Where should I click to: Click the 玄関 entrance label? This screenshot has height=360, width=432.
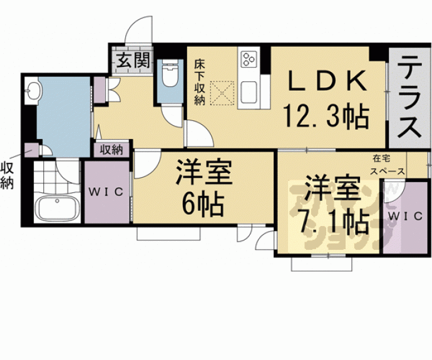coord(133,62)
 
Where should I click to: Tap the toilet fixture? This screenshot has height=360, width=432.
coord(169,76)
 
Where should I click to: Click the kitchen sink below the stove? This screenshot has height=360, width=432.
coord(249,91)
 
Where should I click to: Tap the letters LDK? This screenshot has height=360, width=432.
coord(326,81)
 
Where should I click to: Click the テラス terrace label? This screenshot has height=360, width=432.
coord(409,99)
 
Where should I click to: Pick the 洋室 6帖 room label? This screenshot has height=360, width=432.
coord(204,187)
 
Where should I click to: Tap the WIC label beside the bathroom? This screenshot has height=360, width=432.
coord(106,191)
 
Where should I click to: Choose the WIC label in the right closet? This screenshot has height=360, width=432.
coord(401,215)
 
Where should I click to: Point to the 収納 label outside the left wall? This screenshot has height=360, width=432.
coord(8,175)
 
